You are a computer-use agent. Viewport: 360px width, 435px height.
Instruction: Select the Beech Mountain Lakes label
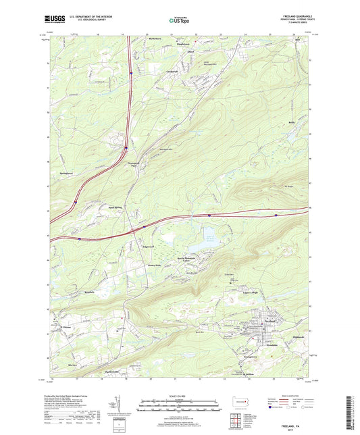[x=190, y=259]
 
